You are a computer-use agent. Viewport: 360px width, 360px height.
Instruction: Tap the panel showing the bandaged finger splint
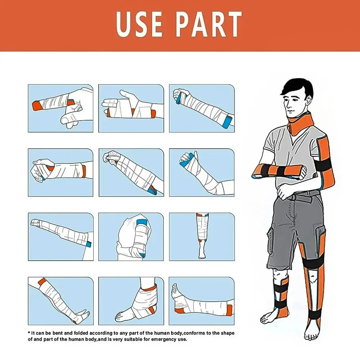60,108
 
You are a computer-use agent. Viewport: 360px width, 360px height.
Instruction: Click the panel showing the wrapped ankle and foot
131,301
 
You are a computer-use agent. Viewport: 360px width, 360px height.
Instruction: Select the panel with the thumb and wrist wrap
60,172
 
